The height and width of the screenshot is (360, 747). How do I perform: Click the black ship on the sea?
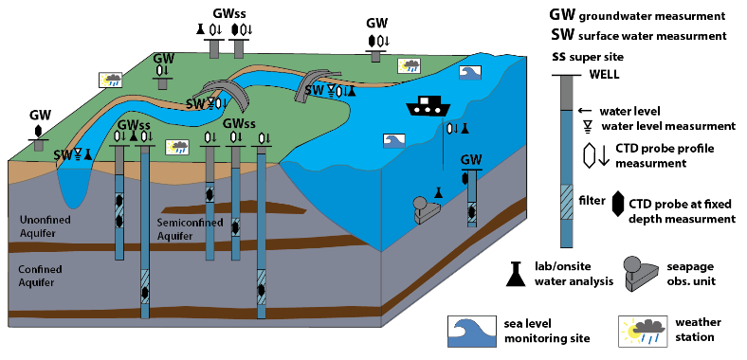point(426,105)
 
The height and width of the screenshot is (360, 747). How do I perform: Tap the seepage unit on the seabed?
point(427,209)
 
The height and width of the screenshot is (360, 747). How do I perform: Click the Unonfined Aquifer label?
point(46,226)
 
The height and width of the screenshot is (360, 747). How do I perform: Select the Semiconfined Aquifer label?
point(191,229)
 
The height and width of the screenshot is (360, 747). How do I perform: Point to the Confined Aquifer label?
point(40,276)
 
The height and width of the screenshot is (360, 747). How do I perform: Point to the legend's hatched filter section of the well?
point(566,202)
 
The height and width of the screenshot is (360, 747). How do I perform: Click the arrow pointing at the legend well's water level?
point(585,111)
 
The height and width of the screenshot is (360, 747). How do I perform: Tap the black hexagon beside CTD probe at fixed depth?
point(618,205)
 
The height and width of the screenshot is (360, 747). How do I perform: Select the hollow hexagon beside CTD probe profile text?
point(590,154)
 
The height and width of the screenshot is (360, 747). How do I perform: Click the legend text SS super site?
point(588,57)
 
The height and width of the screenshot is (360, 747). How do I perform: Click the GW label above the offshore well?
point(471,160)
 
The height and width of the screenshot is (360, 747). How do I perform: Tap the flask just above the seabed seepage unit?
point(439,192)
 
